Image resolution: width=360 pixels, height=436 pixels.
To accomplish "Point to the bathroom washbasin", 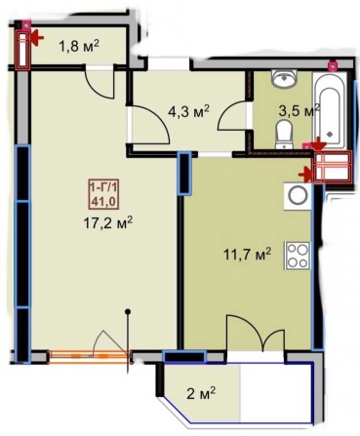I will (x=287, y=80).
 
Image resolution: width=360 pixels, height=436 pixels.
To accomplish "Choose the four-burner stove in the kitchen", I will (x=298, y=257).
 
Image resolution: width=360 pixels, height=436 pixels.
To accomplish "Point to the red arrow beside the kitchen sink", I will (x=312, y=174).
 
